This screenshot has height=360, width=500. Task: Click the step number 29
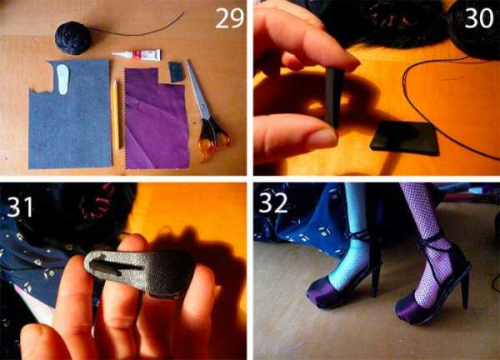click(x=230, y=18)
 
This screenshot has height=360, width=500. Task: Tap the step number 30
click(x=478, y=17)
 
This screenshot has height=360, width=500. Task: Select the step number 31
click(x=20, y=207)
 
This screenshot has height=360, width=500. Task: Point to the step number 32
click(x=273, y=202)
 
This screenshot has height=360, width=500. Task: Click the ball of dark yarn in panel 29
click(x=73, y=37)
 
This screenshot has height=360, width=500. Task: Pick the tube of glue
click(x=137, y=54)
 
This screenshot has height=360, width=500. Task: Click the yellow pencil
click(x=116, y=115)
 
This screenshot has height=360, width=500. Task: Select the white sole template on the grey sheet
click(x=63, y=79)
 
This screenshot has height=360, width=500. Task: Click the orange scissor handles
click(x=216, y=142)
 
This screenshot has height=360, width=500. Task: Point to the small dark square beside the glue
click(x=177, y=72)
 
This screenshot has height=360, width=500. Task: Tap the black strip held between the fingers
click(x=334, y=97)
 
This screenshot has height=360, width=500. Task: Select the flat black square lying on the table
click(x=404, y=137)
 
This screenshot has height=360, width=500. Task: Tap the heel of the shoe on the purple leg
click(x=465, y=288)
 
